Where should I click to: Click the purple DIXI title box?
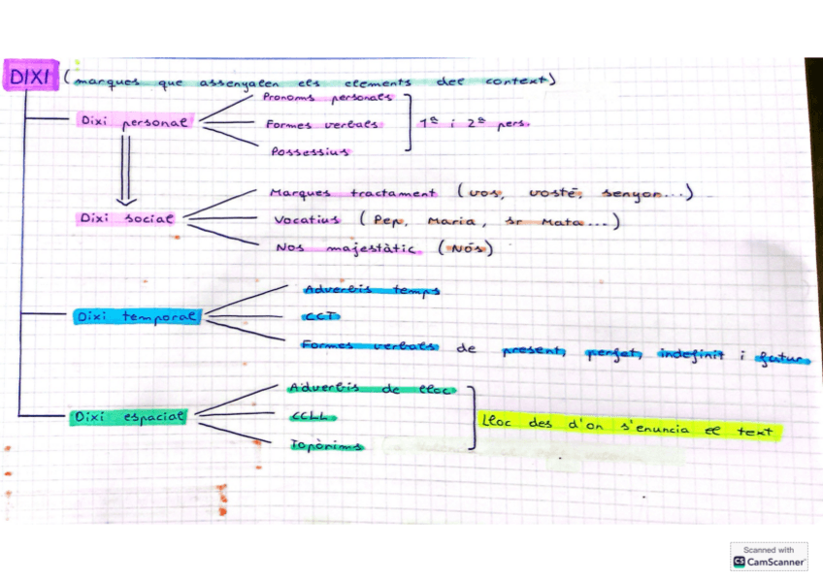point(31,76)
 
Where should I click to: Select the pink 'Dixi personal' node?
point(134,121)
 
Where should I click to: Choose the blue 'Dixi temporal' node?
point(136,317)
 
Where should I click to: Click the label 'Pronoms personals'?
point(327,98)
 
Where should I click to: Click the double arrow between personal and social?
point(124,167)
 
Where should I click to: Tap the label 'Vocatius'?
point(305,220)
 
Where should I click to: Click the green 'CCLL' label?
point(312,416)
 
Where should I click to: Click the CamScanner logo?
point(769,556)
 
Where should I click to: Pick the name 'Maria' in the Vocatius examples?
point(450,221)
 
